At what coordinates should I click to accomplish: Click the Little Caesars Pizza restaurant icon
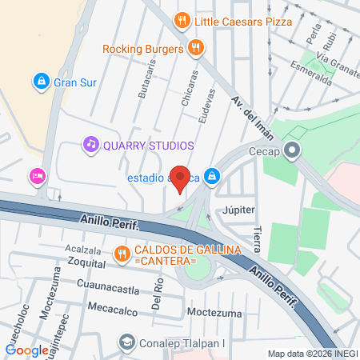182,21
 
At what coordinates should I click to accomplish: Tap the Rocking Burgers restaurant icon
194,49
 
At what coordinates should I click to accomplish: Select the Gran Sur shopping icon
41,81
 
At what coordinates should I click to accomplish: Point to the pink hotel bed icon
37,175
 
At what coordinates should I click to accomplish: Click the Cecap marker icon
293,150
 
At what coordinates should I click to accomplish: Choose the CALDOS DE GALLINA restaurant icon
122,255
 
